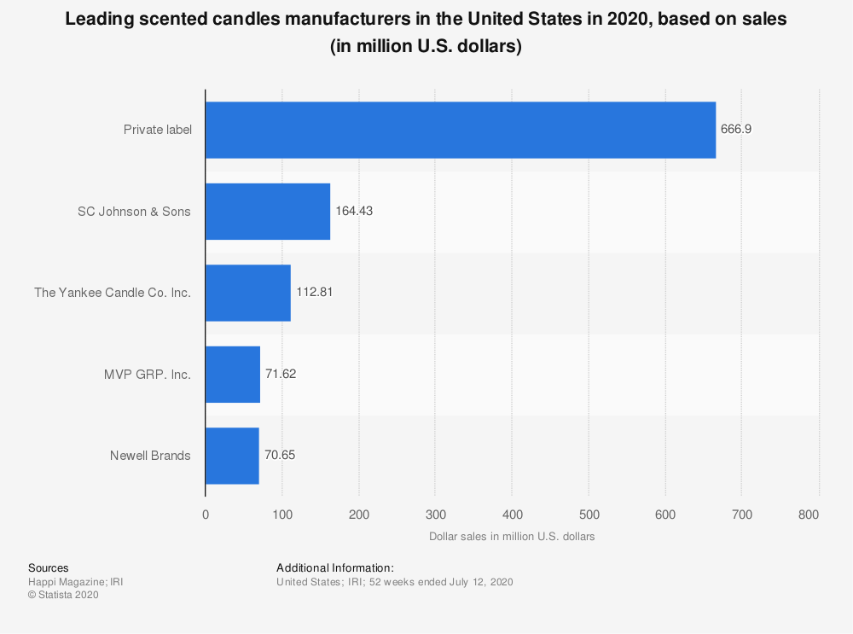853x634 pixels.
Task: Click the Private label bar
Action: pyautogui.click(x=461, y=130)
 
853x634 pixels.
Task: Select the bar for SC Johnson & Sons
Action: pyautogui.click(x=268, y=211)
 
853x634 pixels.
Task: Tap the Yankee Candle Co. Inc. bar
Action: pyautogui.click(x=248, y=293)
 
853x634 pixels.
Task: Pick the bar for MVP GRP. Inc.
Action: pyautogui.click(x=233, y=374)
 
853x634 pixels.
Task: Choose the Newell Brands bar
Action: pyautogui.click(x=232, y=456)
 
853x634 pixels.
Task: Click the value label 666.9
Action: pyautogui.click(x=736, y=130)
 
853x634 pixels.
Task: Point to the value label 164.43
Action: pyautogui.click(x=354, y=211)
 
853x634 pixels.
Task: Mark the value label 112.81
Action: pyautogui.click(x=314, y=293)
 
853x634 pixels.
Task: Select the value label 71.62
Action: pyautogui.click(x=281, y=374)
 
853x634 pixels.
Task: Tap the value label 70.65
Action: pyautogui.click(x=281, y=456)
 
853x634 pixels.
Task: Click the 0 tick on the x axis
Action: pyautogui.click(x=206, y=515)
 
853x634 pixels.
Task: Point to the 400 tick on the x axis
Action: pyautogui.click(x=512, y=515)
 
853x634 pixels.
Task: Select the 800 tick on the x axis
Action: pyautogui.click(x=809, y=515)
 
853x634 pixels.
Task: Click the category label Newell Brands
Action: pyautogui.click(x=150, y=456)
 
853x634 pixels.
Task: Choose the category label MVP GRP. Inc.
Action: pyautogui.click(x=147, y=374)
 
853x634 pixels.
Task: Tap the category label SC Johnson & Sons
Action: pyautogui.click(x=134, y=211)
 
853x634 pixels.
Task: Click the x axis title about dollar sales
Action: pyautogui.click(x=511, y=537)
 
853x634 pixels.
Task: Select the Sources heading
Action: pyautogui.click(x=49, y=567)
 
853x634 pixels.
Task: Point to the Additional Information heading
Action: pyautogui.click(x=335, y=567)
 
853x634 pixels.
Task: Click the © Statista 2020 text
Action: pyautogui.click(x=63, y=596)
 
